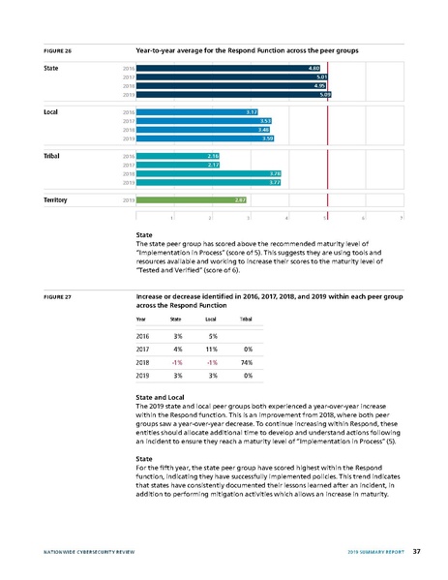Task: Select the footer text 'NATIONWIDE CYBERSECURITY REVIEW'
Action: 83,551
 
